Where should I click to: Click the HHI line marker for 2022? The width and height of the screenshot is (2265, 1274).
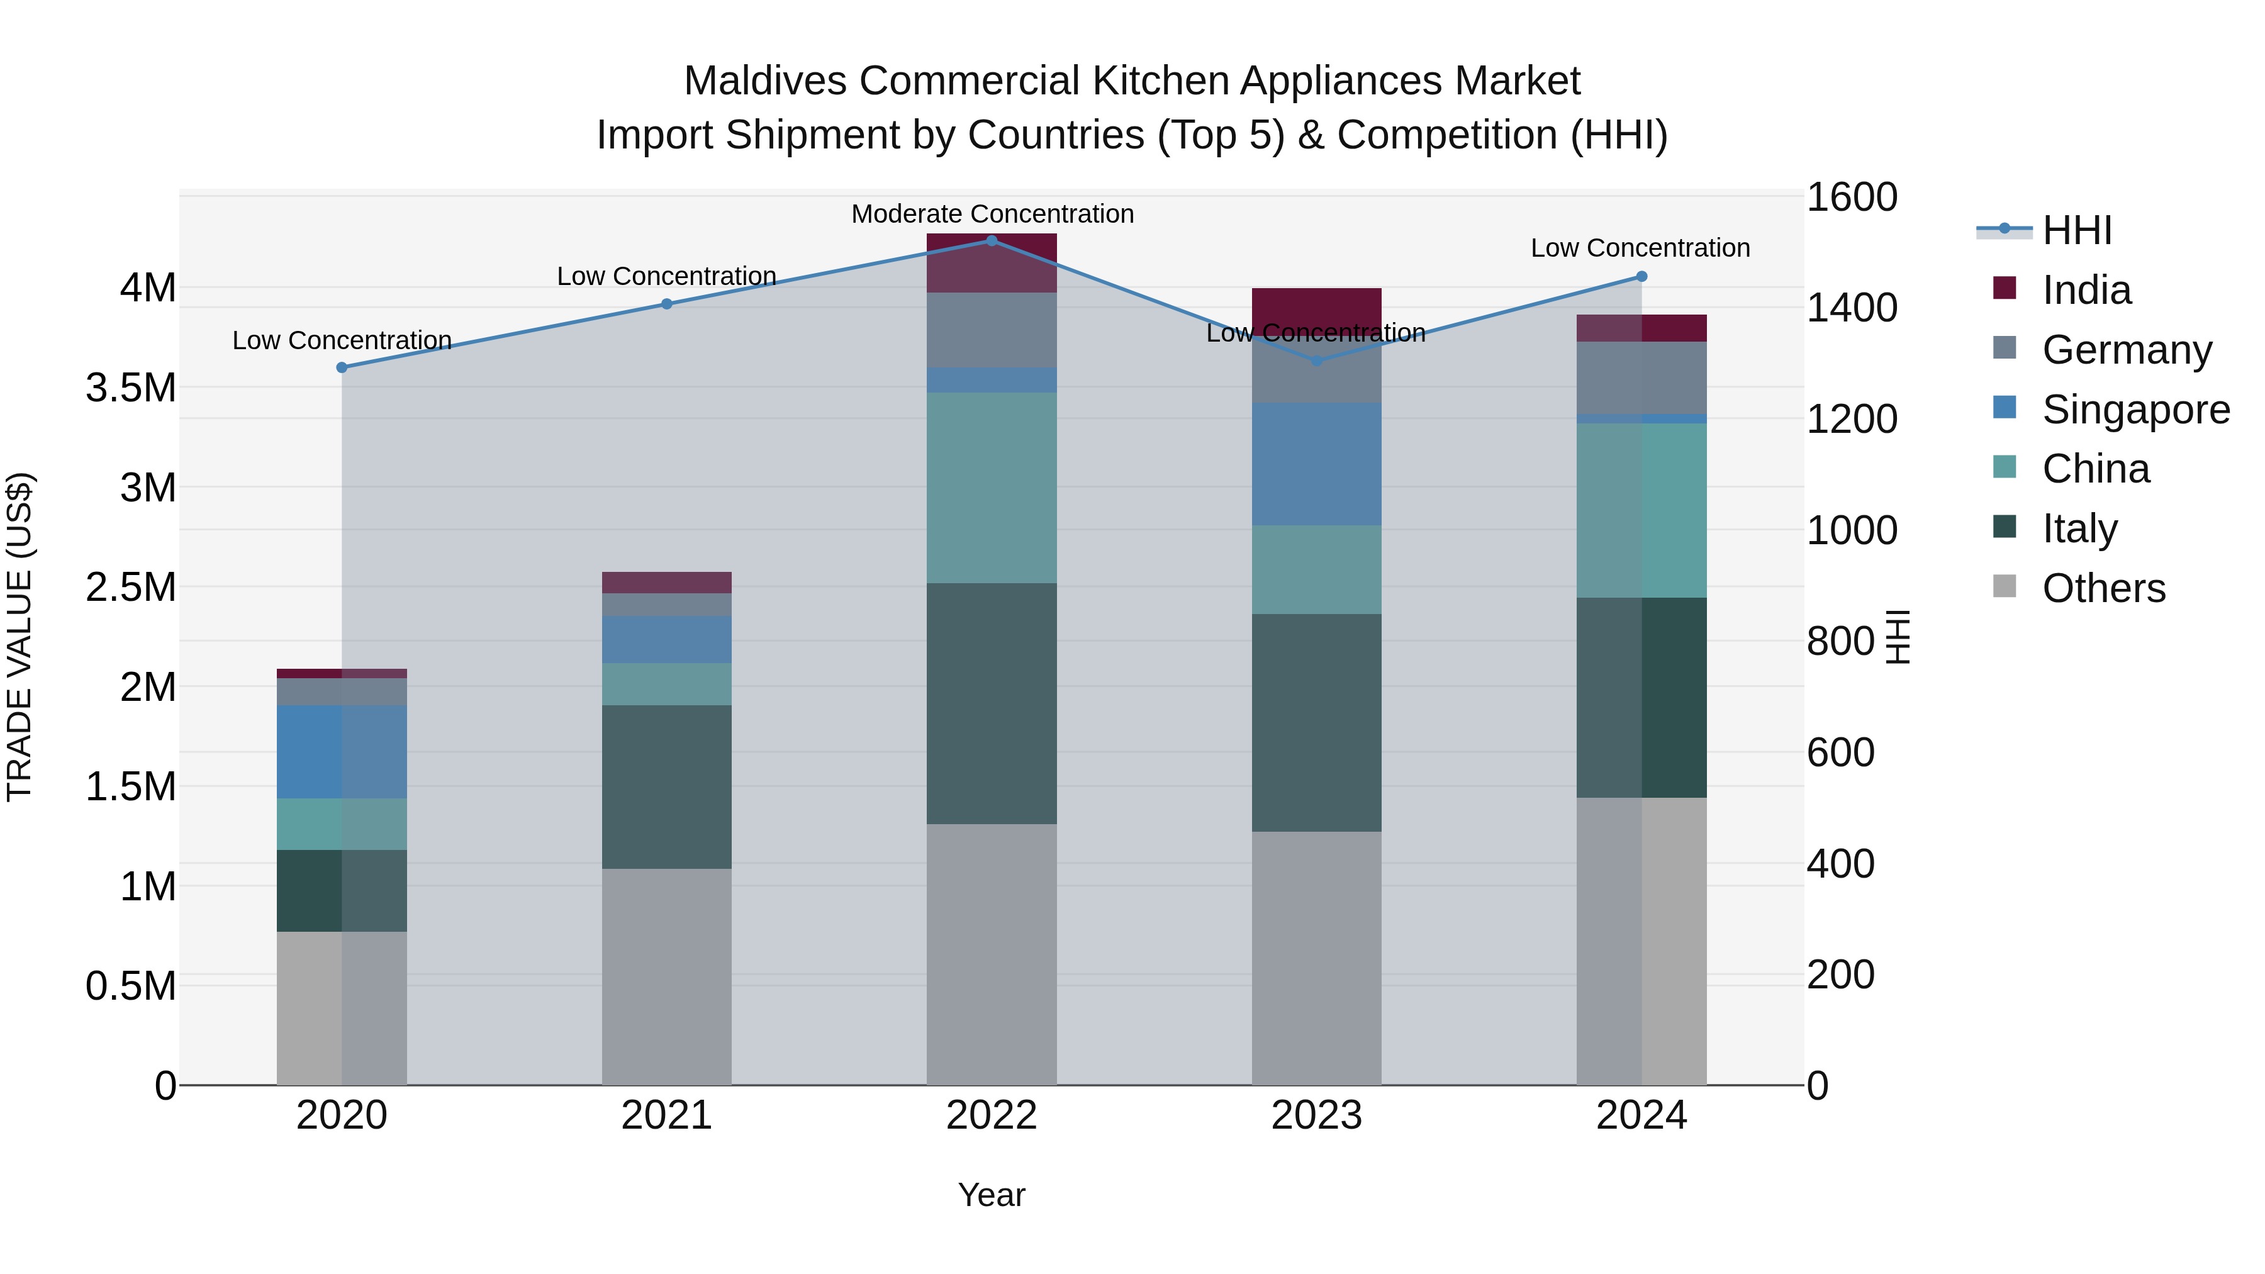point(992,240)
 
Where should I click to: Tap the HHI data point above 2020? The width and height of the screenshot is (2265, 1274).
point(342,367)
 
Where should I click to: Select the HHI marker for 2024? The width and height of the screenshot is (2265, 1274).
point(1641,276)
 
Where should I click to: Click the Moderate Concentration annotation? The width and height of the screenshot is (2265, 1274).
point(992,214)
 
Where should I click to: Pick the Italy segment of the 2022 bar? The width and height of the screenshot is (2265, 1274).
point(992,703)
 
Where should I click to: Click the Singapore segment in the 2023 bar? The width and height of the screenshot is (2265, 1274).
point(1316,464)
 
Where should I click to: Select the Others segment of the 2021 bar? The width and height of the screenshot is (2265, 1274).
point(666,976)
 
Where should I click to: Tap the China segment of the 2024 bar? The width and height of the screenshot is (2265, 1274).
point(1641,510)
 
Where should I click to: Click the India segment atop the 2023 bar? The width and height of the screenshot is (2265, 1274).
point(1316,308)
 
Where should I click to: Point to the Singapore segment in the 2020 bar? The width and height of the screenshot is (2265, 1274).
point(342,752)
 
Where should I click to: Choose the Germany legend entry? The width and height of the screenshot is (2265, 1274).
point(2125,350)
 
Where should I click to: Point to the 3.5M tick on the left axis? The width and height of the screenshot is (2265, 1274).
point(130,388)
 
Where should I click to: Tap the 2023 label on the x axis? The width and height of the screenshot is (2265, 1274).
point(1316,1115)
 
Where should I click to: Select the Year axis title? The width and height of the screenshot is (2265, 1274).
point(992,1195)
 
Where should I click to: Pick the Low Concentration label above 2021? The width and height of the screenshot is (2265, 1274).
point(666,276)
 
